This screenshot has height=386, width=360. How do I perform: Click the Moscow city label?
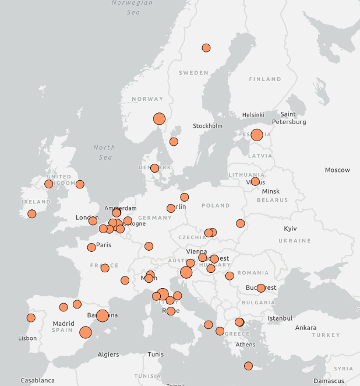coord(337,170)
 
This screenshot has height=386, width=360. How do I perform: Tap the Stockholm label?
coord(207,126)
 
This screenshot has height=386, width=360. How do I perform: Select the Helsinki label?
coord(253,115)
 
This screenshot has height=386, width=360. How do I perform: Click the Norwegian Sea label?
coord(132,7)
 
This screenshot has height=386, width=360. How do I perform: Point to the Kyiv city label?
coord(290,229)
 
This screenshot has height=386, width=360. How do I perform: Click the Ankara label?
coord(305,328)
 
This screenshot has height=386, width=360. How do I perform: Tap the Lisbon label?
coord(27,338)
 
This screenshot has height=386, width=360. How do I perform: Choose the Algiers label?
coord(108,355)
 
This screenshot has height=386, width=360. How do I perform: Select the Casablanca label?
coord(38,380)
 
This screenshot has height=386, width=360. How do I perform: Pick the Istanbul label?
coord(280,318)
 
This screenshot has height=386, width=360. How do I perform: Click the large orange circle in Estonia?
coord(257,135)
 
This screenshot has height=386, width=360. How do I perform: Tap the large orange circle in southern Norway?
coord(159,119)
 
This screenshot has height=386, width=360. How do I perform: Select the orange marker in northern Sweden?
coord(206,48)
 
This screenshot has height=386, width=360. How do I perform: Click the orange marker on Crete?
coord(249,366)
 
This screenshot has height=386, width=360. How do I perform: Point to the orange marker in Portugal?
coord(31,318)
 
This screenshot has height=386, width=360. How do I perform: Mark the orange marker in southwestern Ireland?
coord(32,214)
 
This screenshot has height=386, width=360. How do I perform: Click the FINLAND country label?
coord(264,79)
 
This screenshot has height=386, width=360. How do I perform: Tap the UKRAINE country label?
coord(295,241)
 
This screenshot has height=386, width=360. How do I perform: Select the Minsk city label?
coord(271,191)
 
